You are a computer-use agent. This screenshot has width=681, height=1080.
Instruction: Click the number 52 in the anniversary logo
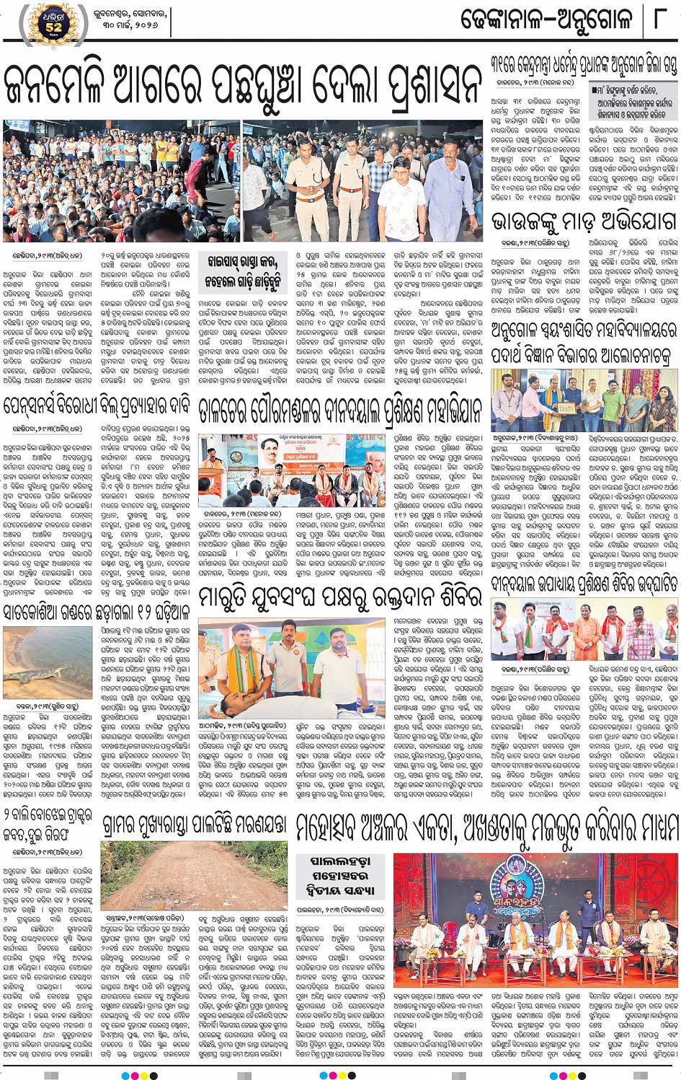tap(54, 27)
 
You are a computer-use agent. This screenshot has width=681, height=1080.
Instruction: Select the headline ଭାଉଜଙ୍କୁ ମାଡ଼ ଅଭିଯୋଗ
tap(584, 221)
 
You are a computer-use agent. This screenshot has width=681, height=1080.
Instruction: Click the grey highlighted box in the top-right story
tap(633, 102)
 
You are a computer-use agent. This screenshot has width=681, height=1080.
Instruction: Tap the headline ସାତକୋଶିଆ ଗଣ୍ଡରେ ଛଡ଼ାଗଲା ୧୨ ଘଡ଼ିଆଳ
tap(97, 612)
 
